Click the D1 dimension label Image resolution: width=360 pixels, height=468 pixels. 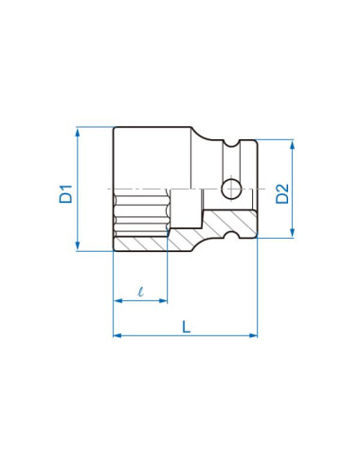66,194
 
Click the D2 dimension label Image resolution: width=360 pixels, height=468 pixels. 282,193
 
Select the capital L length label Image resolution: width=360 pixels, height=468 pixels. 187,327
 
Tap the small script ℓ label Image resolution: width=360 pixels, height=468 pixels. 141,292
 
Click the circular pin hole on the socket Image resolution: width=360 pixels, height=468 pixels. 231,189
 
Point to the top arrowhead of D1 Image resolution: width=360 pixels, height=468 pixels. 78,132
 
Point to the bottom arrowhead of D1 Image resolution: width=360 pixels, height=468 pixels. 78,246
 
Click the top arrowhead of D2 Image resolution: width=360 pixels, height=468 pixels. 292,145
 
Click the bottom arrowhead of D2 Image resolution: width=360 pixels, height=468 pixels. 292,232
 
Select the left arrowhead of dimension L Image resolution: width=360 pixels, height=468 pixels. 117,335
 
